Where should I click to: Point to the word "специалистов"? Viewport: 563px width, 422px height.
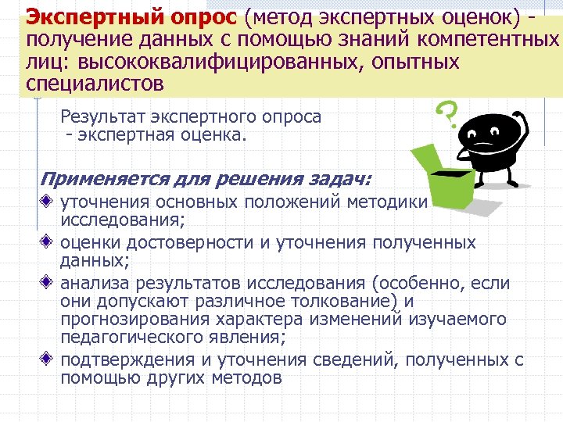pyautogui.click(x=95, y=82)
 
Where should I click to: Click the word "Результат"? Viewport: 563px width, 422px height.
pyautogui.click(x=101, y=117)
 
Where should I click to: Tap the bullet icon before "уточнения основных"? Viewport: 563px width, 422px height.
pyautogui.click(x=48, y=202)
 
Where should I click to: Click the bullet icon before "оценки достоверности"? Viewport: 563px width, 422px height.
pyautogui.click(x=48, y=242)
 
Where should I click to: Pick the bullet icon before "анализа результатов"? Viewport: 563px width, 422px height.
pyautogui.click(x=48, y=282)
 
